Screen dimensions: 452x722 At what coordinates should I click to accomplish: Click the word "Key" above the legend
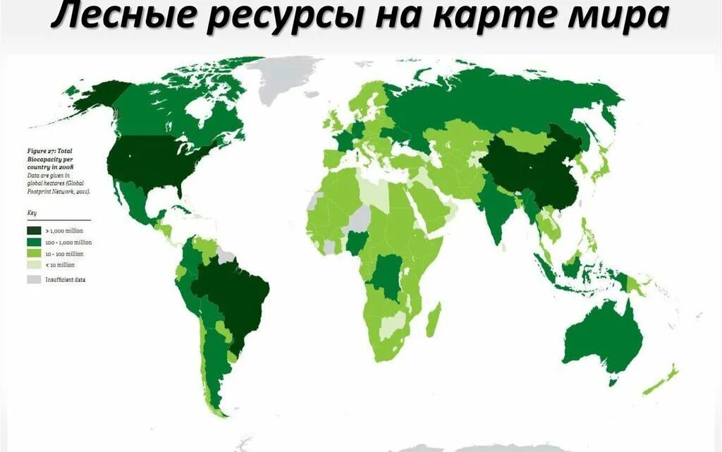(x=32, y=213)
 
